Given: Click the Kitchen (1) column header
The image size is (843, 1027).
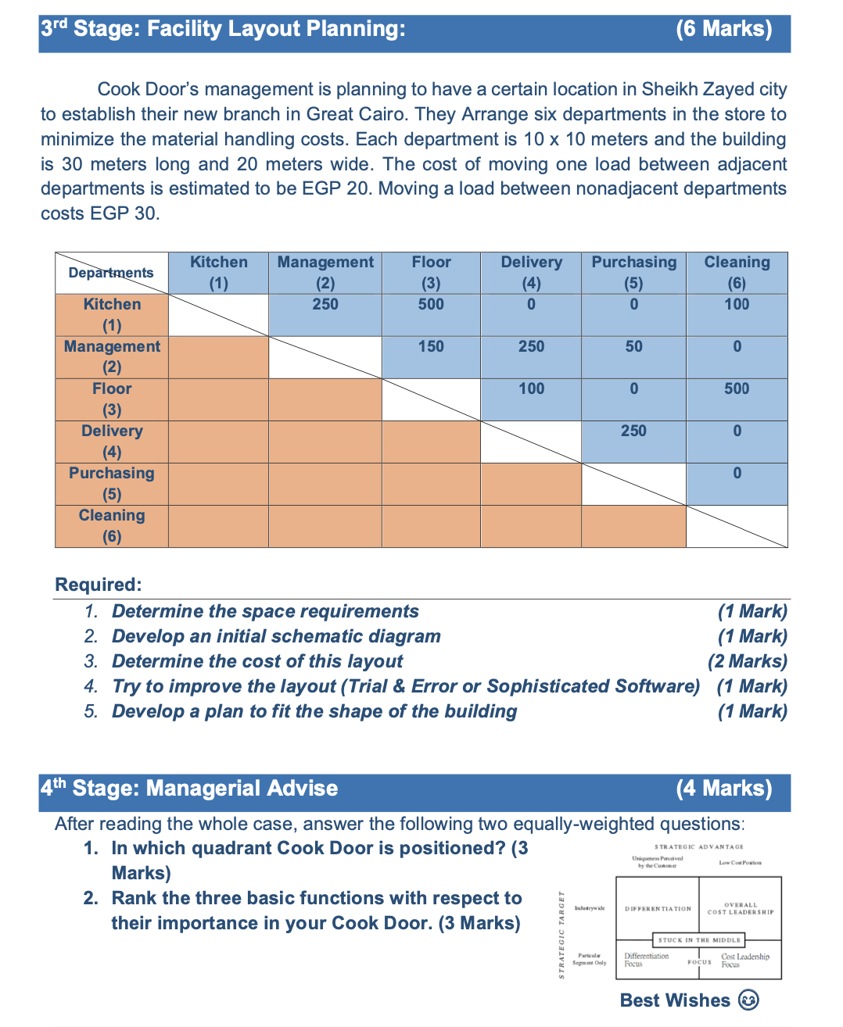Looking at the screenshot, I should pos(218,272).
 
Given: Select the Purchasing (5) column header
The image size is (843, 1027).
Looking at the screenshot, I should pos(633,272).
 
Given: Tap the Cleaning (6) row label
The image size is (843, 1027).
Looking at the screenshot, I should pos(112,525).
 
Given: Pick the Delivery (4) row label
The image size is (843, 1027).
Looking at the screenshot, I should pos(112,441).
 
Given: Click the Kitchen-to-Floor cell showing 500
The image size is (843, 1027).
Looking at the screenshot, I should pos(431,305).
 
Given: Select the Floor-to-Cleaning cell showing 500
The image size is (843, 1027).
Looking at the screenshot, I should pos(737,389).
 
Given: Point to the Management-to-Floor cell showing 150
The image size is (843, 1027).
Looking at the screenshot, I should pos(431,347).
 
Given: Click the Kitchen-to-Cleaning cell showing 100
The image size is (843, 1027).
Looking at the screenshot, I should pos(737,305).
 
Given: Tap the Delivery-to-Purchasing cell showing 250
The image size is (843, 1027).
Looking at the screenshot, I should pos(633,431).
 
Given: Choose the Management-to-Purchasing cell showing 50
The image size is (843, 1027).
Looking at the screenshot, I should pos(633,347).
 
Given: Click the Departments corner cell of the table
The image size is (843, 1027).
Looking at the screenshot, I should pos(111,273).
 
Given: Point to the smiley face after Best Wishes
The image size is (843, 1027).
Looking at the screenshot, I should pos(748,1000).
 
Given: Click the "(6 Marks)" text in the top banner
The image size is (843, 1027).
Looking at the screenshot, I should pos(723,29).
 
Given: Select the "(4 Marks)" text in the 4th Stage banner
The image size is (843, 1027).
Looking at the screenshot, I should pos(723,788).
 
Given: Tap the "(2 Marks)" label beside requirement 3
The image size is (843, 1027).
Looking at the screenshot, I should pos(747,661).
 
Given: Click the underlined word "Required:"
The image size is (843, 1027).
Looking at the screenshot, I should pos(99,585).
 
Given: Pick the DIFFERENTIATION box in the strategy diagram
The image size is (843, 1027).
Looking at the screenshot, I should pos(658,909).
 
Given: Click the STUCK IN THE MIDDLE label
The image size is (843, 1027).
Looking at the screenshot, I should pos(699,940).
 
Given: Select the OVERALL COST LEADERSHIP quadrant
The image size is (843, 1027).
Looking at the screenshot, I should pos(741,908).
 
